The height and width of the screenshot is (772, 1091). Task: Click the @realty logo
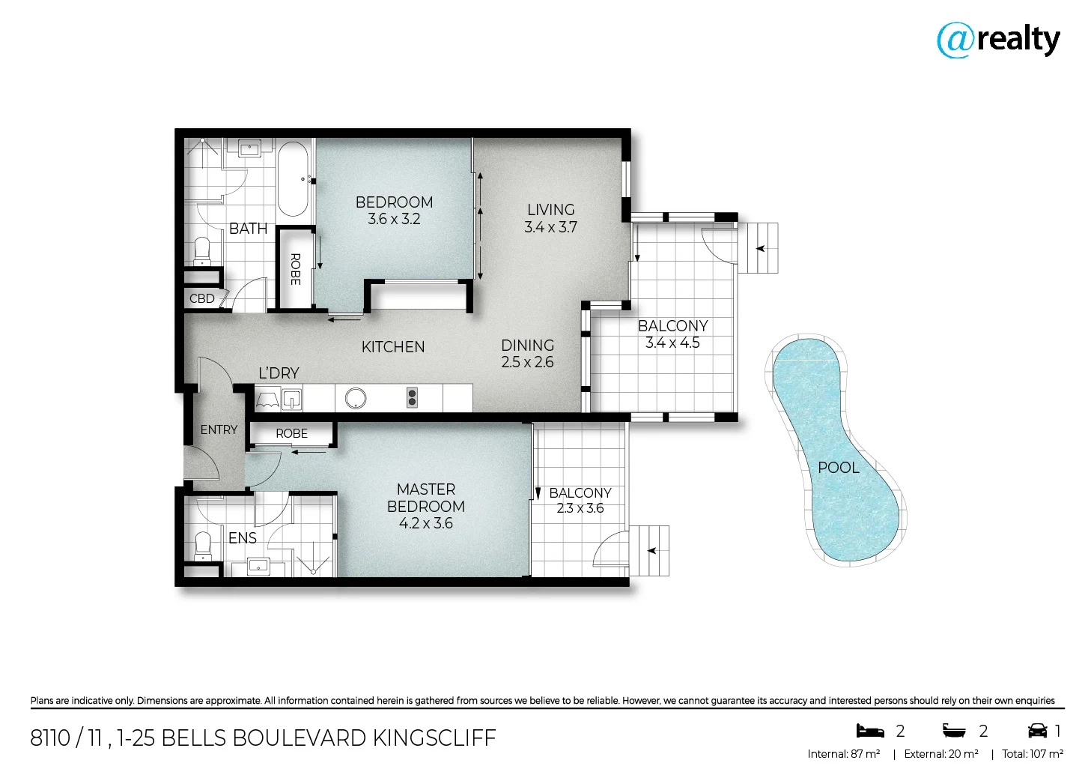pyautogui.click(x=998, y=40)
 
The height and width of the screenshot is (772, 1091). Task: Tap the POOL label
pyautogui.click(x=838, y=468)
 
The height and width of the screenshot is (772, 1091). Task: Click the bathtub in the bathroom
pyautogui.click(x=293, y=180)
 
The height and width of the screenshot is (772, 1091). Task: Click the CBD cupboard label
pyautogui.click(x=202, y=298)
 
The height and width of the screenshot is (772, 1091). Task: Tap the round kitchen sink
pyautogui.click(x=356, y=398)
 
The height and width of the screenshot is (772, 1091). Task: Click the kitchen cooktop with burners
pyautogui.click(x=411, y=398)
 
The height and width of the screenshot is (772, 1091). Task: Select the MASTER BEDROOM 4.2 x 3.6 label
pyautogui.click(x=425, y=506)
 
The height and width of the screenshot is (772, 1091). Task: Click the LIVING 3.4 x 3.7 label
pyautogui.click(x=550, y=218)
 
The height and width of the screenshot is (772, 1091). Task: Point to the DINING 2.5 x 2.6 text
pyautogui.click(x=527, y=354)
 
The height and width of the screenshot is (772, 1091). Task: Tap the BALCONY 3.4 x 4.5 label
pyautogui.click(x=672, y=334)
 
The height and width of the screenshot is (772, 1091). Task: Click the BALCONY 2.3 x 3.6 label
pyautogui.click(x=580, y=500)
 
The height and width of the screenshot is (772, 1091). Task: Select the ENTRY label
pyautogui.click(x=219, y=429)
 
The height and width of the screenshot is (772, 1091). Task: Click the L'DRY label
pyautogui.click(x=279, y=373)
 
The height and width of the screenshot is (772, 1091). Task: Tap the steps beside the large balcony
pyautogui.click(x=759, y=248)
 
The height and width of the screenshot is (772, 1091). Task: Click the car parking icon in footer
pyautogui.click(x=1037, y=731)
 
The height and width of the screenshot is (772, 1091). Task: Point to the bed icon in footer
pyautogui.click(x=870, y=731)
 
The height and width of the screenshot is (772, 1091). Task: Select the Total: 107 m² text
pyautogui.click(x=1033, y=754)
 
